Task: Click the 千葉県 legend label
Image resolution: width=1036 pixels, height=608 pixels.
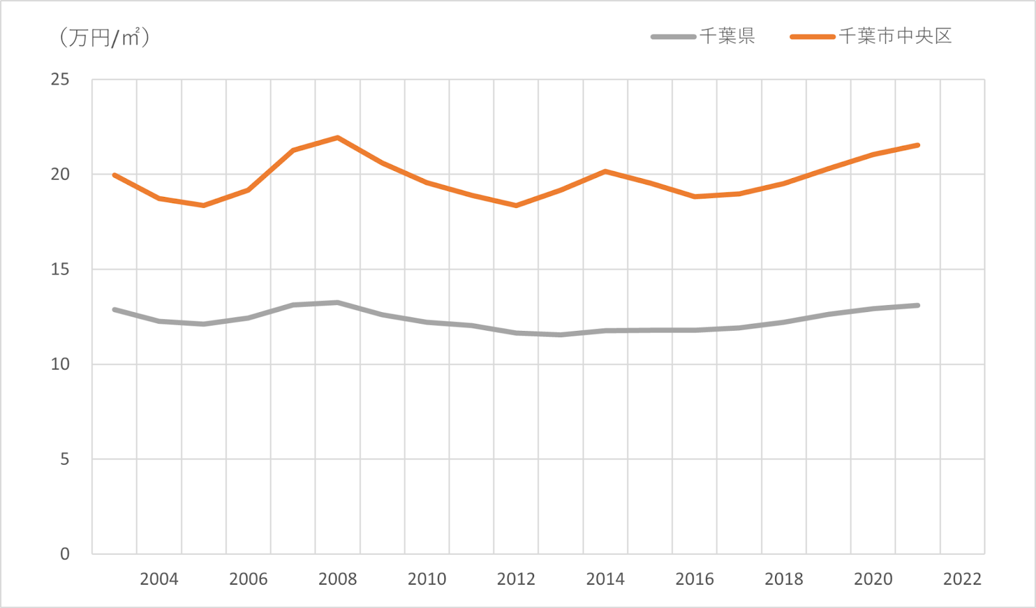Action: (x=727, y=36)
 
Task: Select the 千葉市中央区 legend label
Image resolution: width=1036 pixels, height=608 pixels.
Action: (x=895, y=36)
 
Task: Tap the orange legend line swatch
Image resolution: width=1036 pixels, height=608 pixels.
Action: (x=812, y=37)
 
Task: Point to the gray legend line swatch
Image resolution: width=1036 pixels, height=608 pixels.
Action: (x=673, y=37)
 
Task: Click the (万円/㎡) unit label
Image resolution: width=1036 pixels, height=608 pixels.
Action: (x=104, y=38)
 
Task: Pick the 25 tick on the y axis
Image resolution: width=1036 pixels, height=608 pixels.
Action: (x=60, y=80)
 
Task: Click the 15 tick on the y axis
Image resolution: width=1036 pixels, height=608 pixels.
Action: (x=60, y=269)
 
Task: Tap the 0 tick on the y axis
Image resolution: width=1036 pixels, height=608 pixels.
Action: (x=65, y=554)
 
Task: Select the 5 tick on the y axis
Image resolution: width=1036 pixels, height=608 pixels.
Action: (x=65, y=459)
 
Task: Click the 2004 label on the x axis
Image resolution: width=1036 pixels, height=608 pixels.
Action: (x=159, y=579)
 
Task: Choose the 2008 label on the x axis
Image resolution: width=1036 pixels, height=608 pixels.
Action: (x=337, y=579)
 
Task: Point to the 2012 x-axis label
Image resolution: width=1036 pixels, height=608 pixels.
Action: (x=516, y=579)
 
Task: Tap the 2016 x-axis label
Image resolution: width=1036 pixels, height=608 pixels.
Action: (x=695, y=579)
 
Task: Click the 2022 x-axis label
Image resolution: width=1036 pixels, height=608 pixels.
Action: (x=962, y=579)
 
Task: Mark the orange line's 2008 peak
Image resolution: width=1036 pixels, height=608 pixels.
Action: (x=337, y=137)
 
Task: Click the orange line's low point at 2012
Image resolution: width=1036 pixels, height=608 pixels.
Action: (x=516, y=205)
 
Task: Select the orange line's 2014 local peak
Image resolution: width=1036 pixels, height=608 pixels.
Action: (x=605, y=171)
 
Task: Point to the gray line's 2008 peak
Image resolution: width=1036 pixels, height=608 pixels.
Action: (x=337, y=302)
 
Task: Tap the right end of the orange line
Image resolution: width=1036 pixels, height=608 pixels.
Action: (x=918, y=145)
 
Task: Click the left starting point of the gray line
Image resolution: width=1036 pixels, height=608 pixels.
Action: (x=115, y=310)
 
